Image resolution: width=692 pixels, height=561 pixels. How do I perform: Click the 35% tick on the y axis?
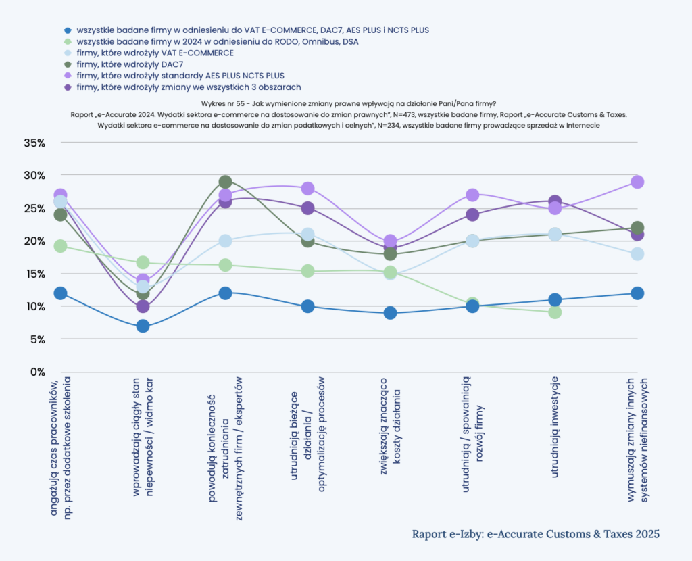coord(34,143)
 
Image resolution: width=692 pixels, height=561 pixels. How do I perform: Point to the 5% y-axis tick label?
coord(37,339)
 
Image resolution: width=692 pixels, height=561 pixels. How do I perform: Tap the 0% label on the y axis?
coord(37,372)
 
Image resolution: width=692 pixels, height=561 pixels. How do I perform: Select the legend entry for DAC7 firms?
coord(130,64)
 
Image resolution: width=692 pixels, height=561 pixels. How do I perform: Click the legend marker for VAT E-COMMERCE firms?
coord(68,53)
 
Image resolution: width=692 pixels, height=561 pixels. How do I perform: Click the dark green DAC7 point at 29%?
coord(225,182)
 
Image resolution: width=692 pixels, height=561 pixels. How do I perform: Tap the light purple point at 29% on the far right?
coord(637,182)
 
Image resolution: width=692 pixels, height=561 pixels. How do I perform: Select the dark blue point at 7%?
coord(143,326)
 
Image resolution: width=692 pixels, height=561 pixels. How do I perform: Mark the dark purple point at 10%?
coord(143,306)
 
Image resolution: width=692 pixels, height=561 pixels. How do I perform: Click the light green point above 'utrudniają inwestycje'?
coord(555,312)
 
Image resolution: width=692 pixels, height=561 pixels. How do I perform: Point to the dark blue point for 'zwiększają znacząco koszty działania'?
coord(390,313)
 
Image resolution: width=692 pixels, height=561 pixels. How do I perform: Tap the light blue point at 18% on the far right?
coord(637,253)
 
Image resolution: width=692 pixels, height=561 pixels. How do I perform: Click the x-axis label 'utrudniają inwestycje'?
coord(555,427)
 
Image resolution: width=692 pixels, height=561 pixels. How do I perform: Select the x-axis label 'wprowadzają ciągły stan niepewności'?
coord(143,437)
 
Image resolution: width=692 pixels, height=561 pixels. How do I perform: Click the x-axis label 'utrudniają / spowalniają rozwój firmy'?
coord(472,435)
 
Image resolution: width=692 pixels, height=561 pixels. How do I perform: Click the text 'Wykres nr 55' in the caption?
coord(222,104)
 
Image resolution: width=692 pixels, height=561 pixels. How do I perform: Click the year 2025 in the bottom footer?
coord(647,534)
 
